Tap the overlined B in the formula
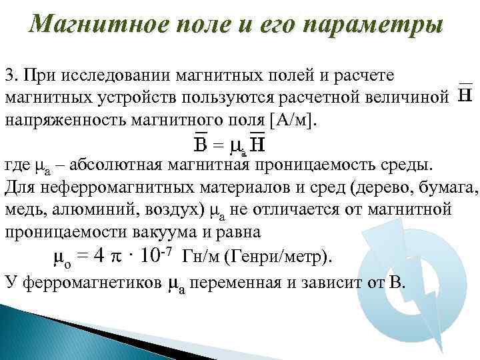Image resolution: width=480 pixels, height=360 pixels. coord(199,145)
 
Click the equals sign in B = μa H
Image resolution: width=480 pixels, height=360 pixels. coord(217,145)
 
